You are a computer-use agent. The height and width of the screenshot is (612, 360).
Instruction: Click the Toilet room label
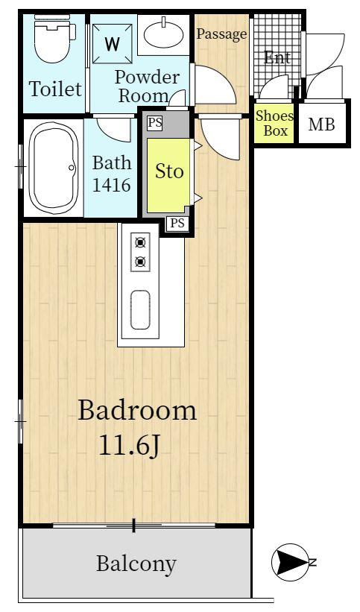coord(55,89)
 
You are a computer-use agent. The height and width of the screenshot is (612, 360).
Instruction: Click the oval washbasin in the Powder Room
coord(164,34)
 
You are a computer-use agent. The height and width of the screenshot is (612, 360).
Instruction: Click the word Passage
coord(221,34)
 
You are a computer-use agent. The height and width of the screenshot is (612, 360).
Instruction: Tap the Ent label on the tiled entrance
coord(277,57)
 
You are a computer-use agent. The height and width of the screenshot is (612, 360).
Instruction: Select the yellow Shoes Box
coord(275,123)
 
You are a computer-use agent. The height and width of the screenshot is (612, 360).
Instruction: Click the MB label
coord(322,124)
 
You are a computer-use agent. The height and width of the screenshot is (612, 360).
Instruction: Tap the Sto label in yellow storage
coord(168,171)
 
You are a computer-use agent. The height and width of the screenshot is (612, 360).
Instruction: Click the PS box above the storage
coord(155,122)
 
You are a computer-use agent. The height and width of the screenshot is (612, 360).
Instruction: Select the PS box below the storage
coord(177,223)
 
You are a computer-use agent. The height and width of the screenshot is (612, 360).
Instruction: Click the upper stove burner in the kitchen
coord(140,242)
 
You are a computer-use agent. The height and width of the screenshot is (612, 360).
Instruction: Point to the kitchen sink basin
coord(140,309)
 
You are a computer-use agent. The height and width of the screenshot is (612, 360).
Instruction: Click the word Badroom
coord(137,410)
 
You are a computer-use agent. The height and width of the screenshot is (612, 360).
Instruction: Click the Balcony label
coord(136,564)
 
